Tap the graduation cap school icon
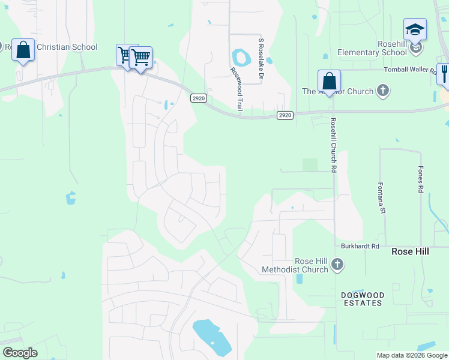coord(415,29)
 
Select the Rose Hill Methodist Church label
coord(295,266)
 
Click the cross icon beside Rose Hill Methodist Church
coord(337,264)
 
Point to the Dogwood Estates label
coord(361,299)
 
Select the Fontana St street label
coord(380,197)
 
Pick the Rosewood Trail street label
coord(237,88)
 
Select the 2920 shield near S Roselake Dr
coord(285,115)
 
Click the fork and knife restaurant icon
coord(444,73)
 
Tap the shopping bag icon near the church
coord(329,80)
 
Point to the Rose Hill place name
coord(410,251)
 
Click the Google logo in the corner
coord(20,353)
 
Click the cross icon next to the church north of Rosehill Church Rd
coord(382,91)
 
